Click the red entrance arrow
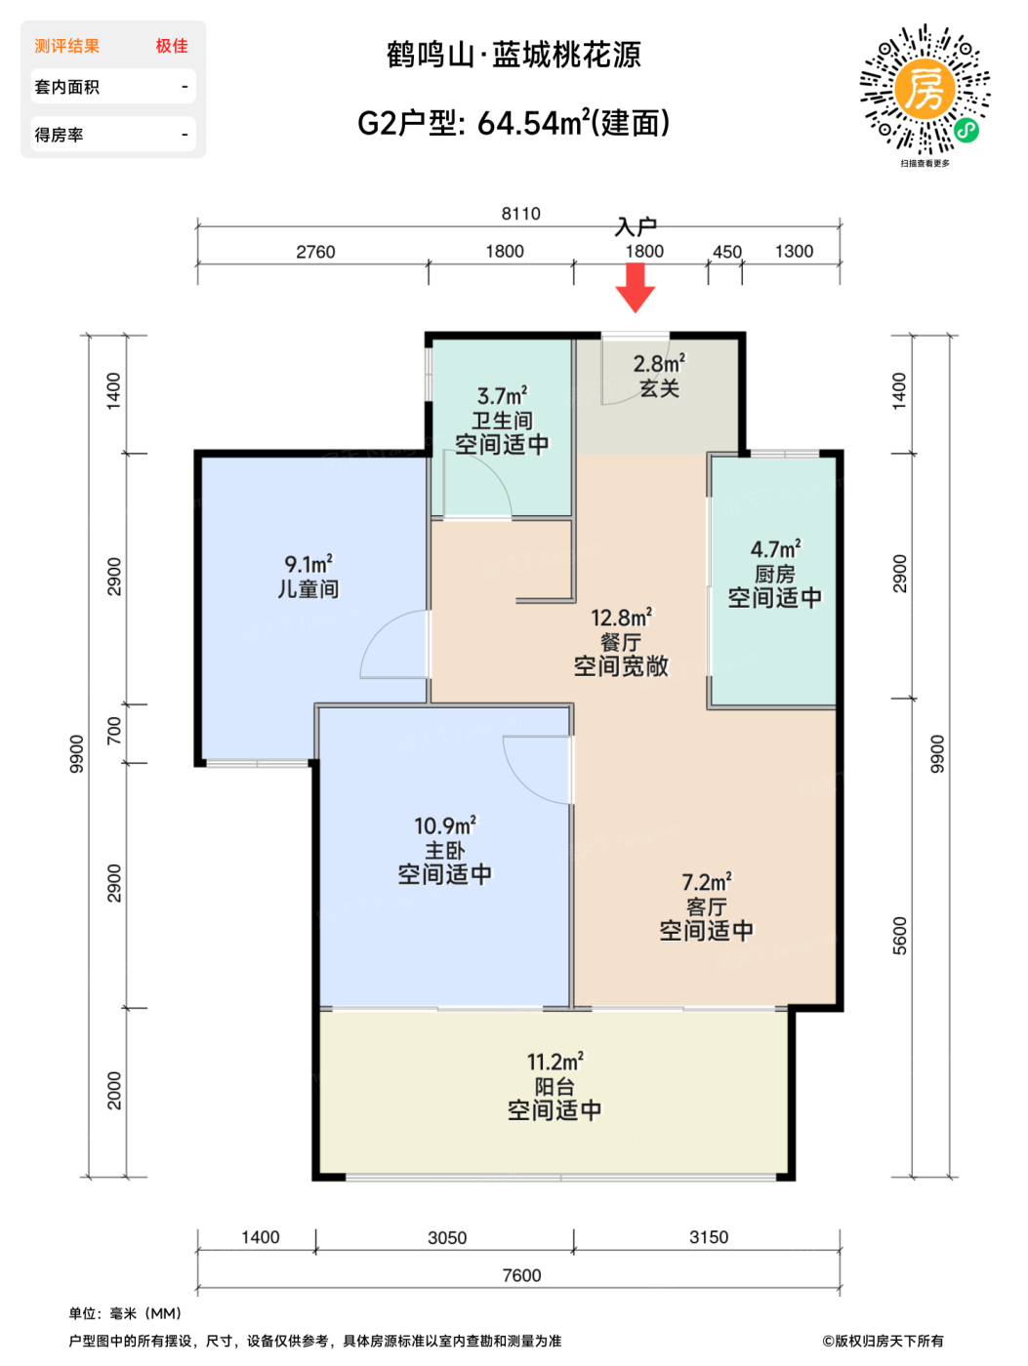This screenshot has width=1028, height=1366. [x=635, y=288]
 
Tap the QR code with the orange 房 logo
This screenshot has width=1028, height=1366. [x=925, y=89]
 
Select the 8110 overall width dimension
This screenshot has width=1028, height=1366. [x=520, y=214]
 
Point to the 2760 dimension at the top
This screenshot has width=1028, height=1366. [x=315, y=252]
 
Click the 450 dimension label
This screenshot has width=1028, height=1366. [x=726, y=252]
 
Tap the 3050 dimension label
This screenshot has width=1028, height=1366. [x=447, y=1238]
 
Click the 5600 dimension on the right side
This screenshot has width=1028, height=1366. [x=900, y=936]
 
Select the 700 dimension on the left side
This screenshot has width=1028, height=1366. [x=114, y=731]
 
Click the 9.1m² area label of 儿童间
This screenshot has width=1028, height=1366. [x=308, y=564]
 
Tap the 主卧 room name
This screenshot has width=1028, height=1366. [x=444, y=851]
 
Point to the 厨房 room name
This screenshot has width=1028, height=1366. [x=774, y=574]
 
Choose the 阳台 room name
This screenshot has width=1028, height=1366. [x=555, y=1087]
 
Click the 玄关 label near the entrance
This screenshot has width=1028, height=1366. [x=659, y=388]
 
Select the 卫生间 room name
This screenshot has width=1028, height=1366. [x=501, y=421]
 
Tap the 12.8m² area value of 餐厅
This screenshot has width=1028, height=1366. [x=621, y=618]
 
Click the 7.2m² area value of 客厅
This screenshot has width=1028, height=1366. [x=707, y=882]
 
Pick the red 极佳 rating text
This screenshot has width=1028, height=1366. [x=172, y=46]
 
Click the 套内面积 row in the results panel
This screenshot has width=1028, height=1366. [x=113, y=87]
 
